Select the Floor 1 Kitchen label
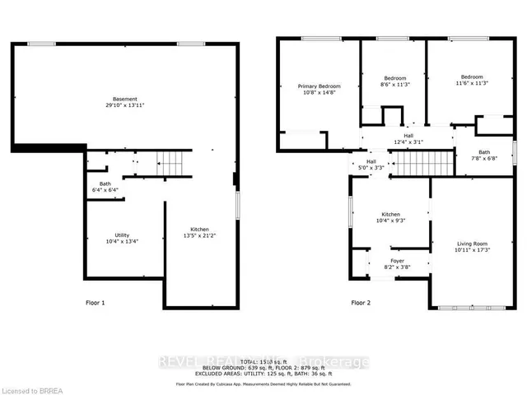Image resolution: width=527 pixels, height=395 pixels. click(x=200, y=229)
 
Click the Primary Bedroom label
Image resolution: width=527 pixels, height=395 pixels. click(x=319, y=86)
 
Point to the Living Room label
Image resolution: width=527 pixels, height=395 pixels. click(x=473, y=244)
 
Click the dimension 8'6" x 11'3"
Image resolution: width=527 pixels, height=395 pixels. click(x=395, y=83)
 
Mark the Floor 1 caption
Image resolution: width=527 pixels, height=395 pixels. click(x=96, y=303)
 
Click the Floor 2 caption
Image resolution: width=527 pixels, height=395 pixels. click(x=361, y=303)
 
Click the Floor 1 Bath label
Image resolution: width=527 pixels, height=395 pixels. click(x=105, y=184)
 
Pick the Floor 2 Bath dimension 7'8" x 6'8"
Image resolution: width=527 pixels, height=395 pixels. click(x=484, y=159)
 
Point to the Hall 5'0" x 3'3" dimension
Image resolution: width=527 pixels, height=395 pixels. click(x=371, y=168)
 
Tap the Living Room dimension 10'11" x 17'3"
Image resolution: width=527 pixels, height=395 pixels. click(x=473, y=250)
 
